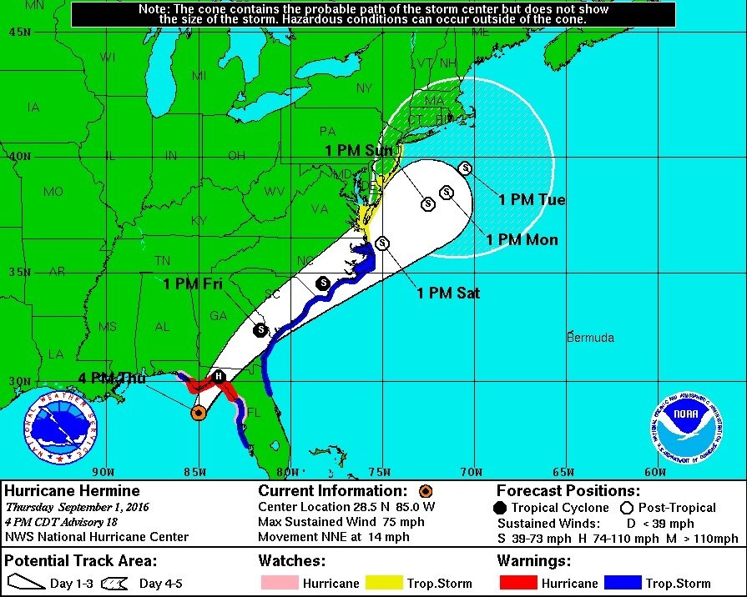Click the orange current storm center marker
pyautogui.click(x=199, y=413)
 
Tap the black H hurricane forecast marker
pyautogui.click(x=219, y=376)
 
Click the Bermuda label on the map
pyautogui.click(x=590, y=338)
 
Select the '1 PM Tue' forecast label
pyautogui.click(x=532, y=199)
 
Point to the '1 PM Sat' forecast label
pyautogui.click(x=448, y=293)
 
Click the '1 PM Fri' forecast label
pyautogui.click(x=192, y=283)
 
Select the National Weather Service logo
pyautogui.click(x=60, y=427)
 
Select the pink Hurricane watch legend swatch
pyautogui.click(x=276, y=583)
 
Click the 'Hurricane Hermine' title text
pyautogui.click(x=72, y=491)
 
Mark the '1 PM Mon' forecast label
pyautogui.click(x=522, y=240)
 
